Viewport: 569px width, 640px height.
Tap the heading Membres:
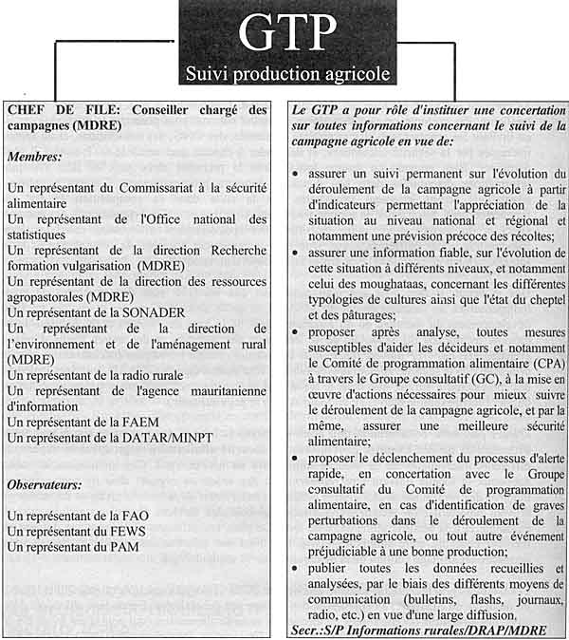point(37,155)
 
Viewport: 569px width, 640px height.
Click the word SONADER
point(156,311)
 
